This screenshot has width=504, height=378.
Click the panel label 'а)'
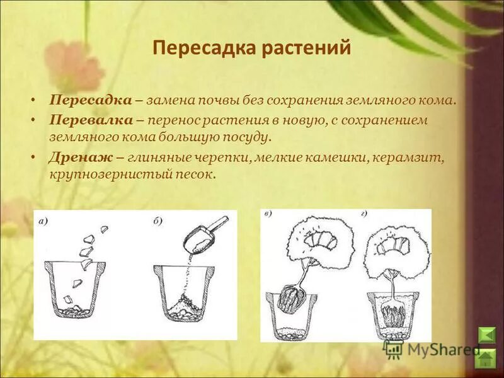click(43, 220)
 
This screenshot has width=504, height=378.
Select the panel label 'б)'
click(157, 220)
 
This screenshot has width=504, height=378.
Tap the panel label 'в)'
click(268, 215)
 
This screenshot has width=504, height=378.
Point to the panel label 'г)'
click(364, 215)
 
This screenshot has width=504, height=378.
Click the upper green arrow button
click(486, 334)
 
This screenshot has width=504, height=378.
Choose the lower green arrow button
click(486, 359)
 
